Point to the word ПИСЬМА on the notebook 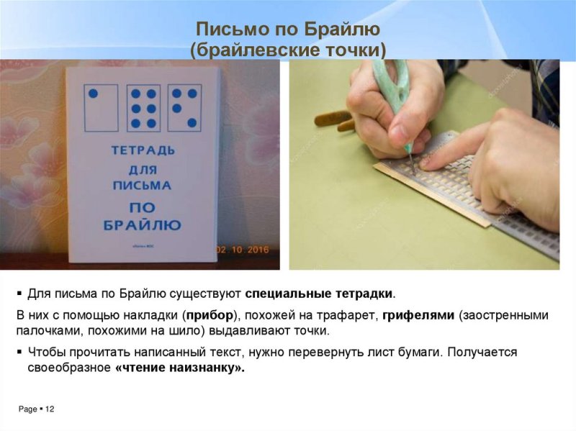(x=143, y=186)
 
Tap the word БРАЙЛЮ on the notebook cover (x=143, y=224)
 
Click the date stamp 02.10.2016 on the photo (x=242, y=250)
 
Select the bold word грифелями (x=418, y=315)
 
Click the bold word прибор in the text (x=213, y=315)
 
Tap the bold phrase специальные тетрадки (x=320, y=294)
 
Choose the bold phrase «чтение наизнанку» (x=179, y=368)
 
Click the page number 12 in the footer (x=50, y=409)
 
